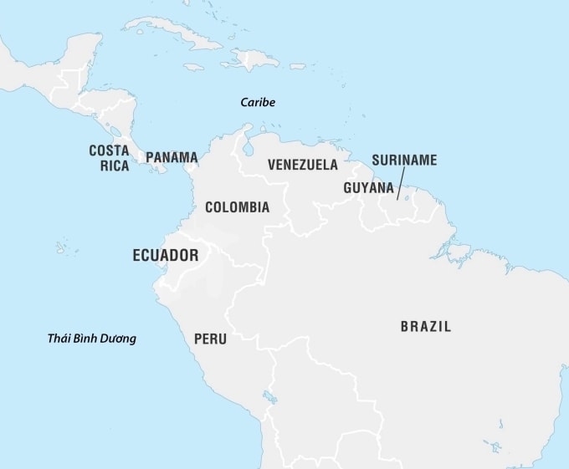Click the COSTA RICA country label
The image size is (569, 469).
[x=109, y=157]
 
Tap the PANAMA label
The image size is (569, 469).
[x=172, y=157]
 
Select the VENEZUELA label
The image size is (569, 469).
[x=303, y=165]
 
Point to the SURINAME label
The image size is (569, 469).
[x=404, y=160]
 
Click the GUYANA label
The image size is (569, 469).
[x=368, y=188]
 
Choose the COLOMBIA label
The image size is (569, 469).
[x=237, y=206]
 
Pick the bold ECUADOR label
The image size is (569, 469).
[x=166, y=256]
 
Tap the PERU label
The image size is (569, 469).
[x=210, y=339]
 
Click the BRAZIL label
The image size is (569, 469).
[x=425, y=327]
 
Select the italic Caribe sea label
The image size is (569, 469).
[x=257, y=103]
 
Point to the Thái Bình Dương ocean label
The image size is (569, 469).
[x=91, y=339]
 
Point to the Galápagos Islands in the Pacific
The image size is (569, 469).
[x=63, y=248]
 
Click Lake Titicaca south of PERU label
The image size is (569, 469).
[x=269, y=395]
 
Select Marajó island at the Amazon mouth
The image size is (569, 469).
[x=459, y=249]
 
